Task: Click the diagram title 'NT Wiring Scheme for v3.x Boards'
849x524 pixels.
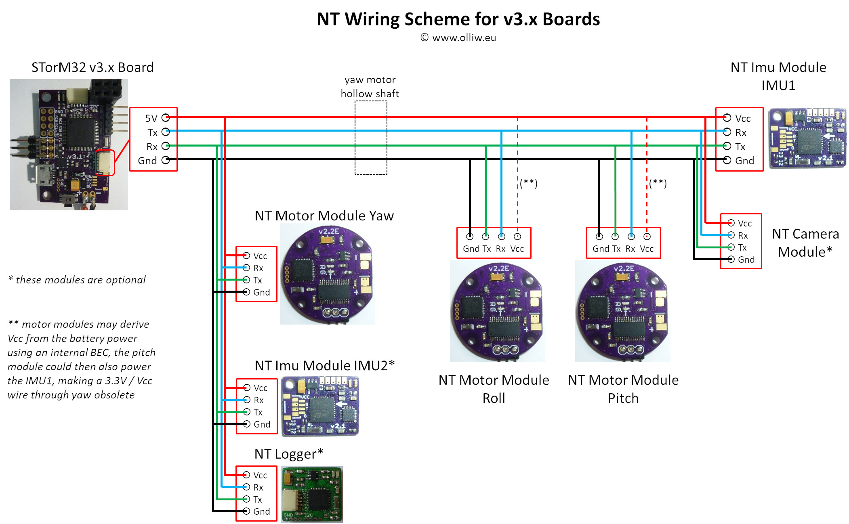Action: pos(458,19)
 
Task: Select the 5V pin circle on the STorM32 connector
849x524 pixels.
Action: pos(166,117)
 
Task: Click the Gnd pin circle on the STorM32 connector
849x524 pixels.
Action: pos(166,160)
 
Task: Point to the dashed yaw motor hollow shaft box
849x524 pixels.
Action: pos(371,137)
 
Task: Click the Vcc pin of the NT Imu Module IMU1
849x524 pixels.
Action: pos(727,117)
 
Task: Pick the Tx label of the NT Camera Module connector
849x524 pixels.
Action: pos(742,247)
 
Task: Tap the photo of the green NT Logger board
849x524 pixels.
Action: pos(312,494)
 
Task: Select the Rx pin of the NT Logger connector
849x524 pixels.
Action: pos(246,487)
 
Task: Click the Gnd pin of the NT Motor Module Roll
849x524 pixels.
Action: pos(470,237)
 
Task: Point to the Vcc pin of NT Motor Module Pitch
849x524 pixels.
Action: pos(647,237)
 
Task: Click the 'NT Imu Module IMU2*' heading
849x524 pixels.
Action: pos(324,365)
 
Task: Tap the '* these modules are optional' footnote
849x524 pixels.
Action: pos(77,280)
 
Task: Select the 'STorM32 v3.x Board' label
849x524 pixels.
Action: pos(92,67)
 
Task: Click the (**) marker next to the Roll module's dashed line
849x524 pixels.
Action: pos(529,183)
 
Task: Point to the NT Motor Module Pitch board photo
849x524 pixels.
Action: pos(622,311)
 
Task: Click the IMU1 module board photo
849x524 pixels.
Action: pos(807,138)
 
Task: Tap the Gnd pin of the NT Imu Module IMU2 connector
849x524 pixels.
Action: pos(247,424)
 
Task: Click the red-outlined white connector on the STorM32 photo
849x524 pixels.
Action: pos(105,162)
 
